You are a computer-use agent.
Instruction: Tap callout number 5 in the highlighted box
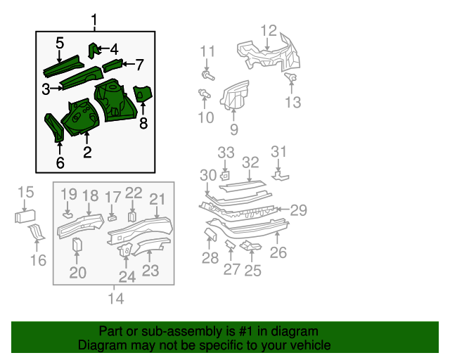60,44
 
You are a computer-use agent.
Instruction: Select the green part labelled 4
91,51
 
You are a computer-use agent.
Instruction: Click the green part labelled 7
112,67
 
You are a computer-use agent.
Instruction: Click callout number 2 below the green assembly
87,151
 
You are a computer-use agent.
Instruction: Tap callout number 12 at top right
269,30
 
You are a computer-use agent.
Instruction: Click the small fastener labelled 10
205,94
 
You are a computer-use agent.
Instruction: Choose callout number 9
233,129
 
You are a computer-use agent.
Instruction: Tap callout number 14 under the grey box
115,299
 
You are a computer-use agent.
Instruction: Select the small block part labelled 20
77,244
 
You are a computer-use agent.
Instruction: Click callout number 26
278,251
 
